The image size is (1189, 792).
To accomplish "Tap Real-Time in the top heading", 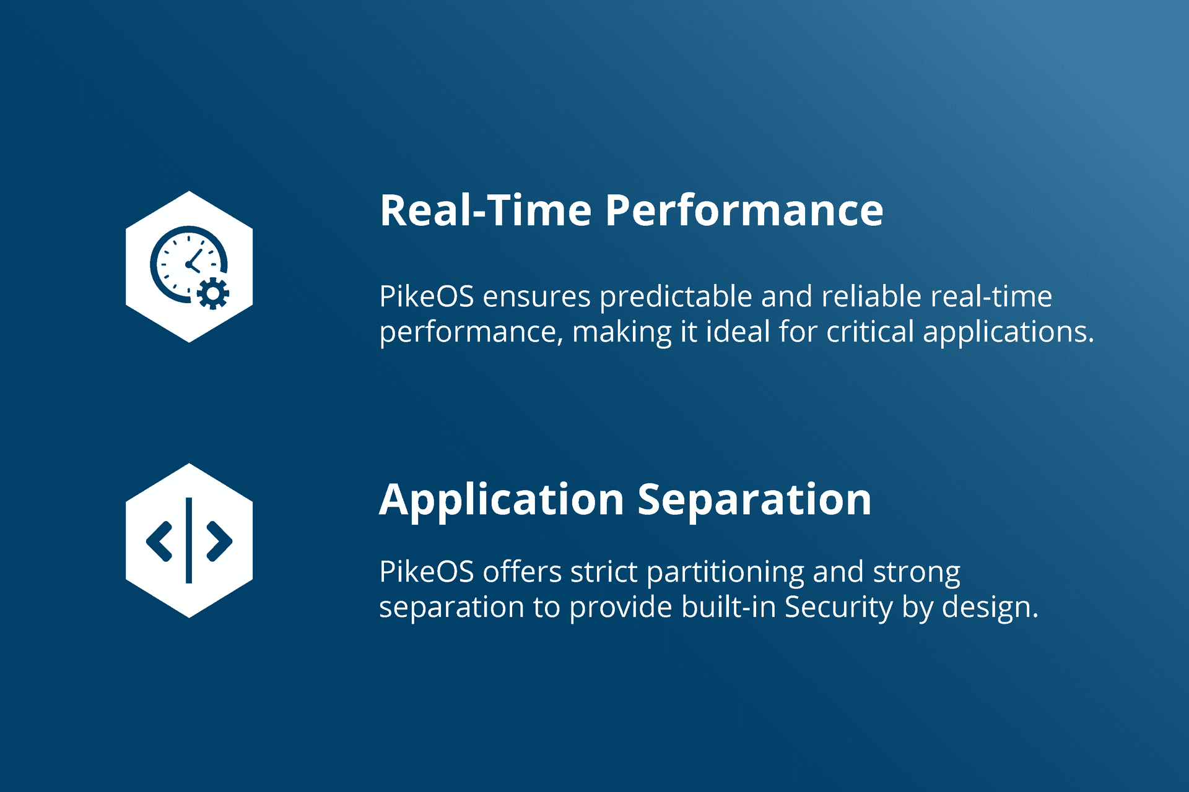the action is click(x=486, y=210).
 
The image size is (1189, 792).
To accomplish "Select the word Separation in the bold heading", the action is click(x=754, y=499).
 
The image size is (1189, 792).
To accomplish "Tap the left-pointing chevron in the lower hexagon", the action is click(x=159, y=541).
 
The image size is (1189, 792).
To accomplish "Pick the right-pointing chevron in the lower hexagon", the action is click(x=219, y=541).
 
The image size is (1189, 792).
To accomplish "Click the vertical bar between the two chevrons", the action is click(x=189, y=540).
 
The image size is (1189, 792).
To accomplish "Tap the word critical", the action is click(x=870, y=332).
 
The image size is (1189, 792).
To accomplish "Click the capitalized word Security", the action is click(x=839, y=608).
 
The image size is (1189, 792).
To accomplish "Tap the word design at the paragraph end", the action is click(x=990, y=608).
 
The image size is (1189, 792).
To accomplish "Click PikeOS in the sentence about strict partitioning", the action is click(x=427, y=572).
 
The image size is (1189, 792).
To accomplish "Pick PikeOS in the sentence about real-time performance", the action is click(x=427, y=296).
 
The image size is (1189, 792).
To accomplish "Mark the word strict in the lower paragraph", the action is click(x=604, y=572).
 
